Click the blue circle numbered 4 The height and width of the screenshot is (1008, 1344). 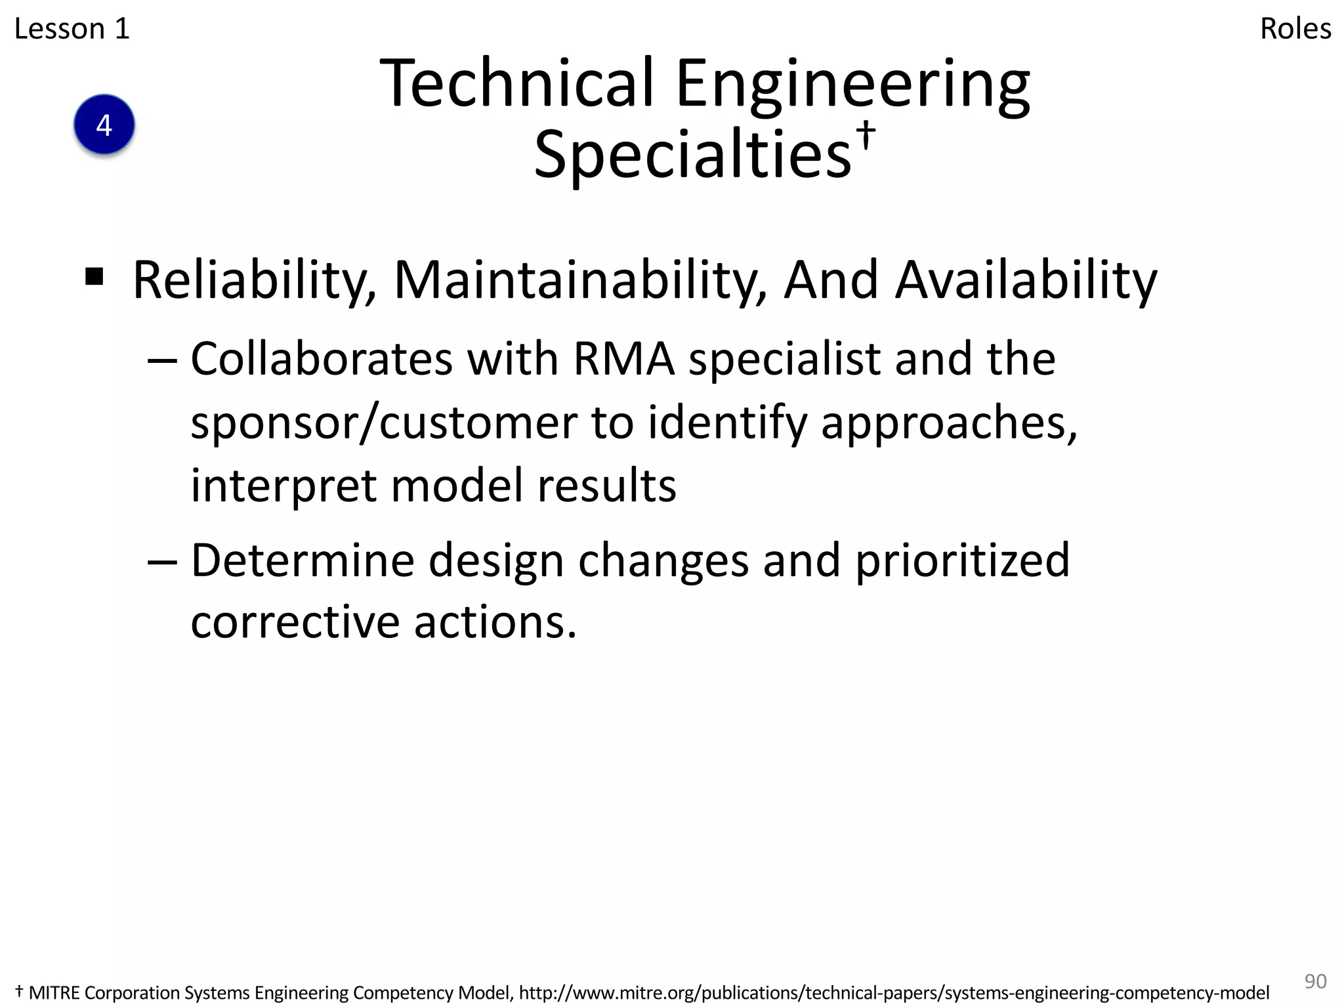tap(104, 125)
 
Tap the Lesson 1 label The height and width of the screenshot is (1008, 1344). tap(72, 29)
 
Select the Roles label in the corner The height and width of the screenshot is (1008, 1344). tap(1295, 29)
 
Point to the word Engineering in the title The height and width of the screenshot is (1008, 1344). tap(852, 85)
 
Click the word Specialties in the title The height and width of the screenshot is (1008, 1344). tap(692, 155)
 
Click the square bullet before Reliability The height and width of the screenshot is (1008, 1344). tap(94, 277)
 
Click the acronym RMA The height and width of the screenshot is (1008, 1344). tap(623, 359)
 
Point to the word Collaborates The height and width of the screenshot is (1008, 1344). tap(322, 359)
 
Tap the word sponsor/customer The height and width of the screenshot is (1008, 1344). tap(384, 423)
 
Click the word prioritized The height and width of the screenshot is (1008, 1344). tap(962, 561)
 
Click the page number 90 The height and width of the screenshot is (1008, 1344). tap(1315, 981)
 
